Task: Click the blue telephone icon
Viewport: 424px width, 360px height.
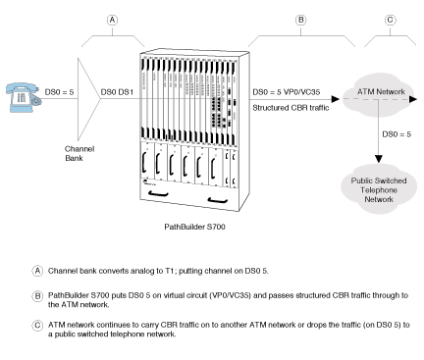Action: (x=23, y=97)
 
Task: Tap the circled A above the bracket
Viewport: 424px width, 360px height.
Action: (x=112, y=21)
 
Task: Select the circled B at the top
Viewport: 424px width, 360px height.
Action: (x=300, y=21)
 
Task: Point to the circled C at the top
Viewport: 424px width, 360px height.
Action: (x=390, y=21)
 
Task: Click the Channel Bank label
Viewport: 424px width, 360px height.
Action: (x=79, y=154)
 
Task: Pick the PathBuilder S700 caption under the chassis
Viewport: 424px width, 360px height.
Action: (x=194, y=227)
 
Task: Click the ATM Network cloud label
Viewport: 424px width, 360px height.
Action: (x=381, y=91)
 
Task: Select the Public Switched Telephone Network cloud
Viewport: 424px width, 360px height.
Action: (x=379, y=189)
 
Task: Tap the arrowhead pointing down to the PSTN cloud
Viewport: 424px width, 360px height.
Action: (x=379, y=159)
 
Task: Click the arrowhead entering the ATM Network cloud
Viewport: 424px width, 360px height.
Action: (x=336, y=99)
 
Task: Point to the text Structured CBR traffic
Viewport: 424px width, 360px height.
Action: (x=291, y=108)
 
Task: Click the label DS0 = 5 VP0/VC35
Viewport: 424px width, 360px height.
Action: (x=287, y=92)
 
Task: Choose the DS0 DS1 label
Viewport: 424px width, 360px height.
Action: (x=117, y=92)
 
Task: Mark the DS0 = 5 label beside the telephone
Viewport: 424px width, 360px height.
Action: (x=59, y=92)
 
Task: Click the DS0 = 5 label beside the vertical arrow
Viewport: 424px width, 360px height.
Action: (x=397, y=134)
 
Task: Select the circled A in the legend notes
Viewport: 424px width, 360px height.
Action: (x=37, y=271)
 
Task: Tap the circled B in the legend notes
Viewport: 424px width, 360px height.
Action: (x=37, y=296)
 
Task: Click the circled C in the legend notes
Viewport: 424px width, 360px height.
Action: (x=37, y=326)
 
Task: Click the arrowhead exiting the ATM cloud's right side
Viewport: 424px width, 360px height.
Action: (x=413, y=99)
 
